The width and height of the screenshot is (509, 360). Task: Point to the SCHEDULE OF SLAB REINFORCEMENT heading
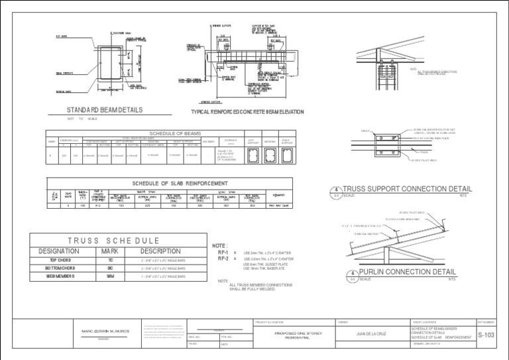180,183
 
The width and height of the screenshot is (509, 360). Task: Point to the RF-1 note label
223,253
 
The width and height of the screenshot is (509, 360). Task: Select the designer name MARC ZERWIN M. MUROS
103,330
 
